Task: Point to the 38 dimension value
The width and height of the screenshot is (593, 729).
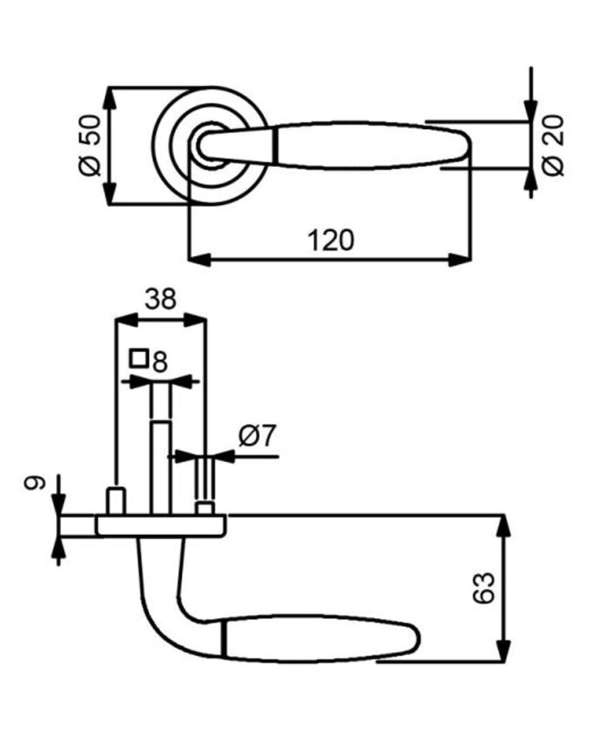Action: coord(160,299)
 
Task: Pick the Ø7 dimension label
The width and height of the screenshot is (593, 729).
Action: coord(256,436)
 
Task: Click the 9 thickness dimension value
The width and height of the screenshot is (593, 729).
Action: coord(35,482)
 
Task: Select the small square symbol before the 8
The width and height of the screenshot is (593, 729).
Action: coord(139,358)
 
